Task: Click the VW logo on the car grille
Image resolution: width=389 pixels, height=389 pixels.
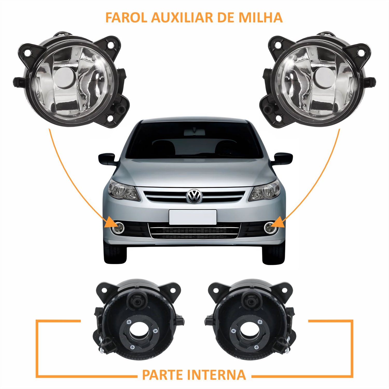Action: coord(194,196)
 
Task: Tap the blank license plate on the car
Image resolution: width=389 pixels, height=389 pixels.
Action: coord(193,217)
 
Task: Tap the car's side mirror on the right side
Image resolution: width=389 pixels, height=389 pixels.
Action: coord(283,158)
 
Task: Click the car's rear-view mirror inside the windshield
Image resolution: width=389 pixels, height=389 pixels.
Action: coord(194,133)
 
